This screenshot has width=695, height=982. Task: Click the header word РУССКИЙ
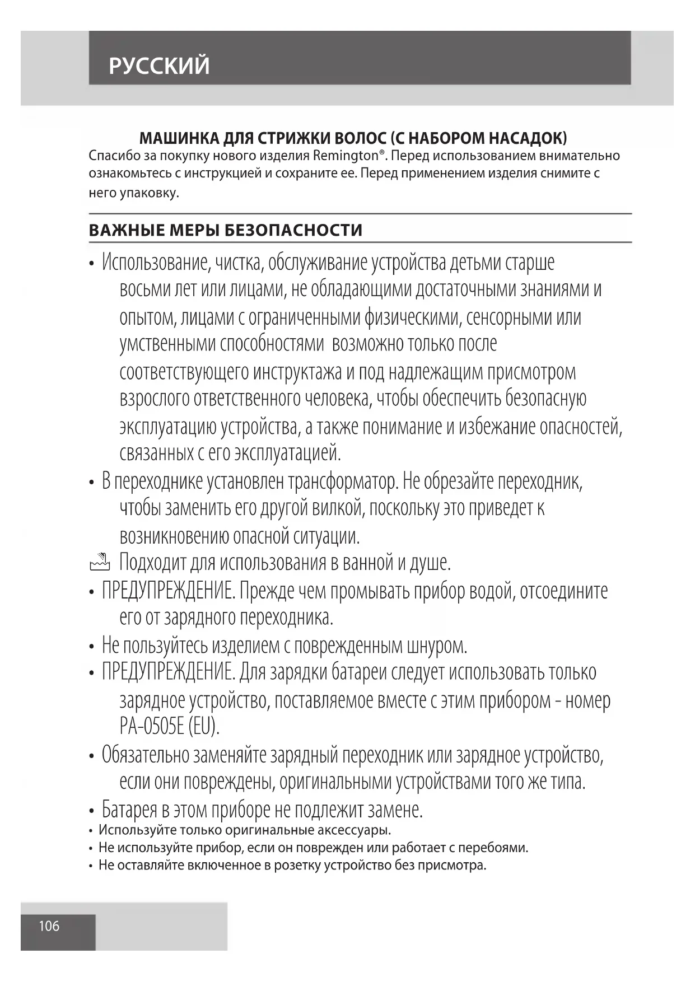(x=160, y=66)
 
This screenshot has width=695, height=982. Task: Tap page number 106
(x=49, y=925)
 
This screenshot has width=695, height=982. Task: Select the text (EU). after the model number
(x=204, y=726)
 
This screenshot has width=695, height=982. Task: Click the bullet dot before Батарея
(x=91, y=811)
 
